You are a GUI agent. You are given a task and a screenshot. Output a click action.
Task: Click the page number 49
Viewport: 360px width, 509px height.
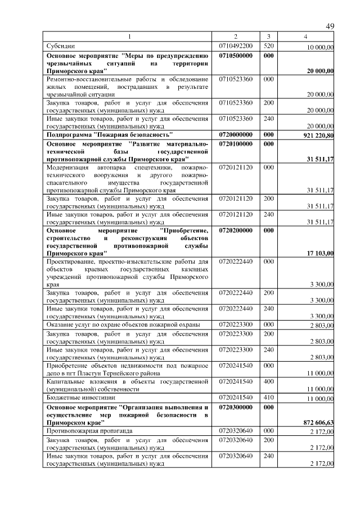(x=330, y=26)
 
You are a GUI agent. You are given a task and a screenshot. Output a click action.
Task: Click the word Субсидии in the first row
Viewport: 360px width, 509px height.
(x=60, y=46)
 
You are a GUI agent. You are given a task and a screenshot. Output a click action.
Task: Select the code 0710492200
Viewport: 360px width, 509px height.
(x=236, y=46)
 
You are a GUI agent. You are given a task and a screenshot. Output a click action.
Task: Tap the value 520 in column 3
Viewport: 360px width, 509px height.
(x=268, y=46)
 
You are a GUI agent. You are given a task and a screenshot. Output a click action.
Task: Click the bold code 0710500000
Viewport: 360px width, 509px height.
(x=236, y=56)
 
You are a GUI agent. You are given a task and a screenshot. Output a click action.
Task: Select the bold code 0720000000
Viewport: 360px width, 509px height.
(x=236, y=135)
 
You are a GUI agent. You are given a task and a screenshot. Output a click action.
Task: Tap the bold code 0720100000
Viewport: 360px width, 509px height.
(x=236, y=144)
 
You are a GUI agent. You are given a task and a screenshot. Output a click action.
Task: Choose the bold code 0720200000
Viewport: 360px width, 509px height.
(x=236, y=231)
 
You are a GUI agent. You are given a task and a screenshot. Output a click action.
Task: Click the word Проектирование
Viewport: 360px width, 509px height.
(x=70, y=262)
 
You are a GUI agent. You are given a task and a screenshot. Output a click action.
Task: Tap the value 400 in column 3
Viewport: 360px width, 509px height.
(x=268, y=381)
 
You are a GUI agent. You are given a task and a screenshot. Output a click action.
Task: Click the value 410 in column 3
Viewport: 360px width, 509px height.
(x=268, y=397)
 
